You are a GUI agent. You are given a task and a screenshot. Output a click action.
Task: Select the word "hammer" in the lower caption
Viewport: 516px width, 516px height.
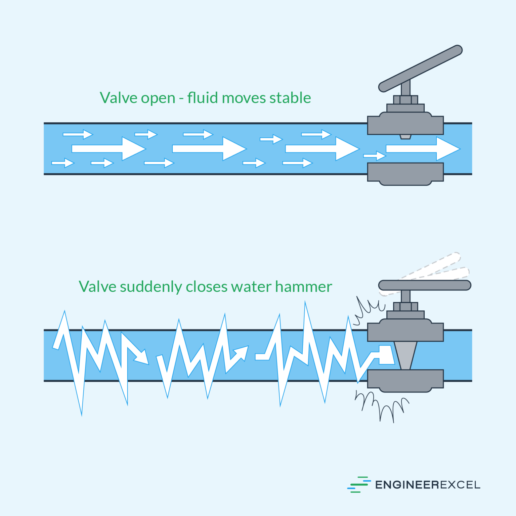click(x=303, y=287)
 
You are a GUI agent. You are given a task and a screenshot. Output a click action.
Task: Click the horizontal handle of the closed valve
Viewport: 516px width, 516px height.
click(x=425, y=285)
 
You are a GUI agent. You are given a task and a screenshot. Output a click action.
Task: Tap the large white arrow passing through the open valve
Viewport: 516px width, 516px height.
click(x=423, y=148)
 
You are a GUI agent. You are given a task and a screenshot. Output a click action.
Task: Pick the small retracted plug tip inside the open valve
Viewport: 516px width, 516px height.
click(x=405, y=137)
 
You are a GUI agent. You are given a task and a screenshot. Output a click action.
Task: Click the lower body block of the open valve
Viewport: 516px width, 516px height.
click(x=405, y=173)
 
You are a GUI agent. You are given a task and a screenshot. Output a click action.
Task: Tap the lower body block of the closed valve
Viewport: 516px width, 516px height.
click(x=405, y=380)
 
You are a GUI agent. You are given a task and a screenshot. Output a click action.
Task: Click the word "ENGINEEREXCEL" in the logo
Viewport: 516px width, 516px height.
click(x=427, y=485)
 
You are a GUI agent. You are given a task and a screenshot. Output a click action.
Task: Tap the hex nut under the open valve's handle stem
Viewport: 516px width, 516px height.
click(x=405, y=100)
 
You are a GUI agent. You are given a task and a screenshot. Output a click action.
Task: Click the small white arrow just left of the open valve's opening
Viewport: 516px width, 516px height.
click(x=375, y=156)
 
